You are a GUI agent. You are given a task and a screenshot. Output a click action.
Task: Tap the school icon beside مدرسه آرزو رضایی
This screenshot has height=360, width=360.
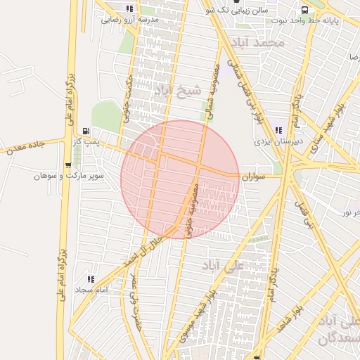pos(129,8)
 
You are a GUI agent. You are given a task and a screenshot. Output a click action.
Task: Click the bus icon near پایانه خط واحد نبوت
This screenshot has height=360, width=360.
pos(304,11)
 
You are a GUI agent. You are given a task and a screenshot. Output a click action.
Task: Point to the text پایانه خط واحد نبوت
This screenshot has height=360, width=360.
pos(331,21)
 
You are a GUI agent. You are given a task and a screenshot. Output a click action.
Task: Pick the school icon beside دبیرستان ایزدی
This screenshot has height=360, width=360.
pos(279,129)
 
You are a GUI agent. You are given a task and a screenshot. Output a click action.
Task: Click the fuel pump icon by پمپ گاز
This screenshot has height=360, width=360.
pos(86,131)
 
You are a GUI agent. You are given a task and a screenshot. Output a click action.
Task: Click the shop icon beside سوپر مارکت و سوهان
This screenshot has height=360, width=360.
pos(68,165)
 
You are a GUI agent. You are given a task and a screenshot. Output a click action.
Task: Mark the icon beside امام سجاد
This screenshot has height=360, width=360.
pos(89,279)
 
